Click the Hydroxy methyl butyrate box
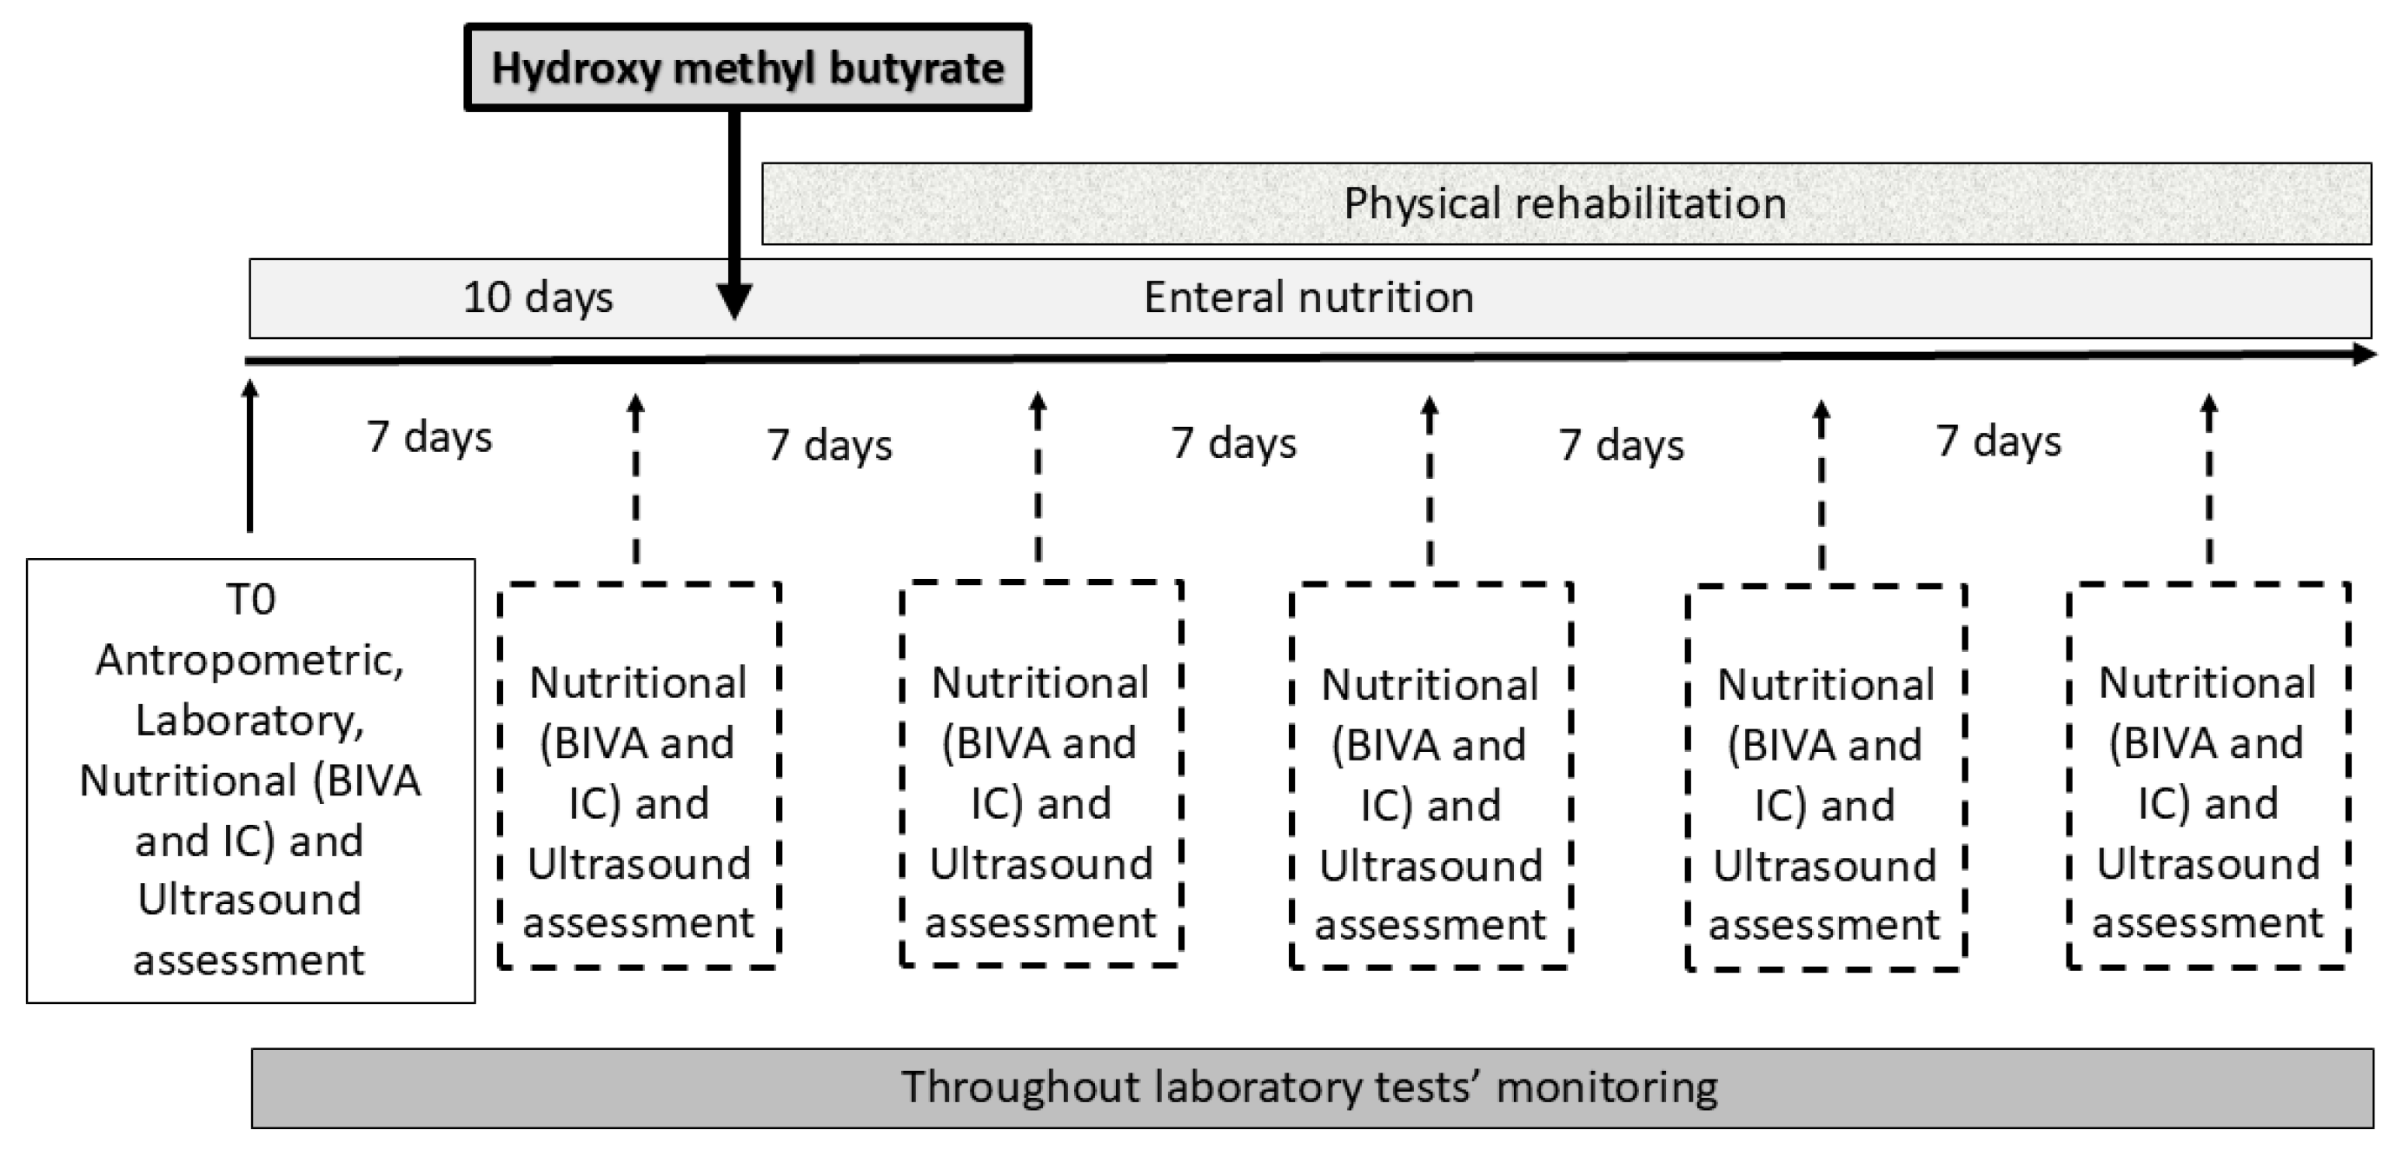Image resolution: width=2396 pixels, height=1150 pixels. [x=747, y=68]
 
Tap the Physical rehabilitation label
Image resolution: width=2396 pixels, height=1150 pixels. [x=1564, y=203]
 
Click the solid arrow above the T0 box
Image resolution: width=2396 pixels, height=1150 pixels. [x=249, y=455]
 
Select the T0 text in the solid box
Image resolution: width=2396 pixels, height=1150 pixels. [x=251, y=599]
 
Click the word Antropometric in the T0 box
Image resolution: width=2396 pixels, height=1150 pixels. [x=249, y=660]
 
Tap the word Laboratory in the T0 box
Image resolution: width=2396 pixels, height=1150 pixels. [x=249, y=720]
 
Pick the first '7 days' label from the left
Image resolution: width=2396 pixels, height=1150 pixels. [x=428, y=436]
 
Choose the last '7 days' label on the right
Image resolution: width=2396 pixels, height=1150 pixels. [x=1998, y=441]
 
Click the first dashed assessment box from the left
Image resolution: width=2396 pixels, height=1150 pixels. [x=639, y=776]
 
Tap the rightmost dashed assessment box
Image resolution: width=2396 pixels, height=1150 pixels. [x=2207, y=776]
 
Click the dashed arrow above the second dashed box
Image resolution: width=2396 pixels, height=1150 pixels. [x=1038, y=478]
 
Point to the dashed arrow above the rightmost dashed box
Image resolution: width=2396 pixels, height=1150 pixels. [x=2209, y=480]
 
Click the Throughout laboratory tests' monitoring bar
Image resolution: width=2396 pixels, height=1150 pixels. [x=1311, y=1087]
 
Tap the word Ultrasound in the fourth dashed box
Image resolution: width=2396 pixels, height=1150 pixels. [x=1825, y=867]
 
